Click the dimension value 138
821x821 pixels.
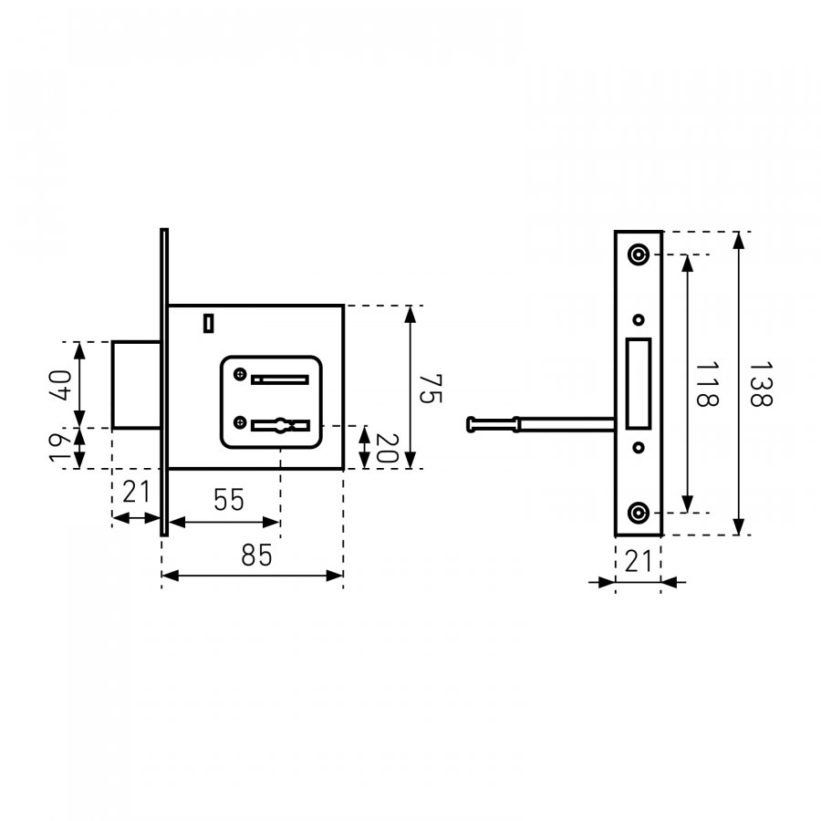tap(761, 384)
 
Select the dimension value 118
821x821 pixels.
tap(707, 384)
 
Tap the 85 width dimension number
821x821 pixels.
tap(256, 555)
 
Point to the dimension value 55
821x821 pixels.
tap(229, 500)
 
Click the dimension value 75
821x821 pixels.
tap(431, 388)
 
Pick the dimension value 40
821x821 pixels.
tap(61, 385)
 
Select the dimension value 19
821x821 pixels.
tap(59, 448)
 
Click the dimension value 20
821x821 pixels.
tap(388, 448)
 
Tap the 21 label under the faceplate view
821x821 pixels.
tap(639, 561)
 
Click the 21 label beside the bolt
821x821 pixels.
tap(136, 492)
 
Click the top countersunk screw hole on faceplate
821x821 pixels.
tap(639, 255)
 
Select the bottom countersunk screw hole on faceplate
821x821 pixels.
tap(639, 513)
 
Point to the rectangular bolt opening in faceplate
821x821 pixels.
tap(639, 384)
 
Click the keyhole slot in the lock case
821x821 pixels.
tap(281, 425)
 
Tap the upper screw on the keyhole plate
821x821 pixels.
tap(240, 374)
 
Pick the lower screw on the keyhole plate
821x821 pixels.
tap(240, 422)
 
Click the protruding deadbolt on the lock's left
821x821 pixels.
tap(136, 385)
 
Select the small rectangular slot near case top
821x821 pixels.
tap(208, 323)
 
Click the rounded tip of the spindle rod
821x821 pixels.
tap(472, 424)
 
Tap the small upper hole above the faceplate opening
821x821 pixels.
tap(639, 319)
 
